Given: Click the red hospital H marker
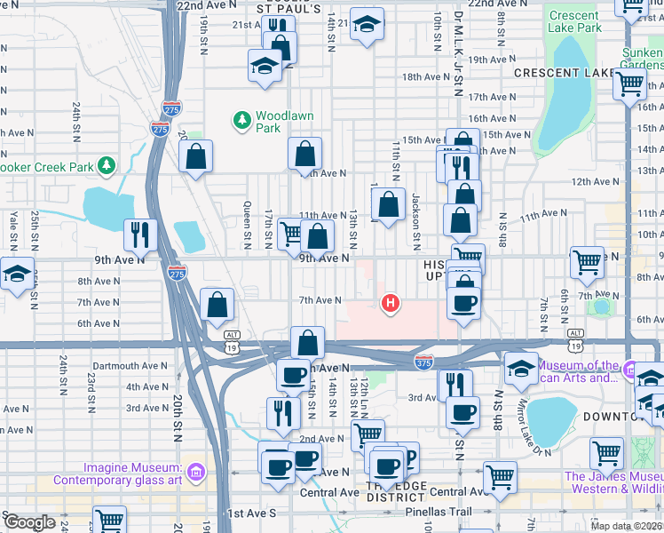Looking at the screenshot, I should coord(389,304).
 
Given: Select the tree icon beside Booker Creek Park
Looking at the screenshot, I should coord(107,165).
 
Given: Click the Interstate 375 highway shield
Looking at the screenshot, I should coord(423,362).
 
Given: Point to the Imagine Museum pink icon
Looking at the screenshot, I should coord(195,469).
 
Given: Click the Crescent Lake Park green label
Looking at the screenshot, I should coord(574,21).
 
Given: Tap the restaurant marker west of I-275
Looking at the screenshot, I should coord(141,235).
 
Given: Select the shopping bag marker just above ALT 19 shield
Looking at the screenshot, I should coord(217,305).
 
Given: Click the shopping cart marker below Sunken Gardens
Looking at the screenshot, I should coord(629,84).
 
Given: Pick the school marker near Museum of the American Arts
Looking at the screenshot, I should coord(521,367).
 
